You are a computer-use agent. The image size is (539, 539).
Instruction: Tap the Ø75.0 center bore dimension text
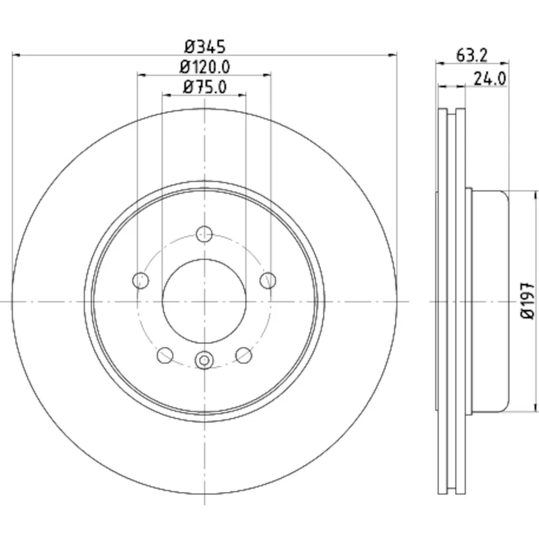[x=204, y=87]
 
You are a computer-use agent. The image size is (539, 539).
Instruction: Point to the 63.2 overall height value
[x=472, y=55]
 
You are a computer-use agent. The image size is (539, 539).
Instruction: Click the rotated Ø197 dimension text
[x=527, y=302]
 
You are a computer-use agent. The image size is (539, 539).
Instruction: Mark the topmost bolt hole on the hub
[x=204, y=234]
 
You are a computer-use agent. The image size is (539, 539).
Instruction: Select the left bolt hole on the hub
[x=140, y=280]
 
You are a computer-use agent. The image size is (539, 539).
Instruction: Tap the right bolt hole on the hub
[x=269, y=280]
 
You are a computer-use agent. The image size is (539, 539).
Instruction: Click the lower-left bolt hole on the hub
[x=165, y=355]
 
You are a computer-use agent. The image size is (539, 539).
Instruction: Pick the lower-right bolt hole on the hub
[x=244, y=355]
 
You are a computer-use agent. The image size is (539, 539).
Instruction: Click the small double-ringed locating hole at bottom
[x=204, y=359]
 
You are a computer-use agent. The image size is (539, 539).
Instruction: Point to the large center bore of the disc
[x=204, y=302]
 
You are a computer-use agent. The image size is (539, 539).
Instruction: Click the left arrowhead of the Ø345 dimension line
[x=15, y=55]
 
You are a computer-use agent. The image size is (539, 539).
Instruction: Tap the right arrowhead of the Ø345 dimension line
[x=394, y=55]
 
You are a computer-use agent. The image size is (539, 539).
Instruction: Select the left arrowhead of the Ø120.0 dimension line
[x=141, y=74]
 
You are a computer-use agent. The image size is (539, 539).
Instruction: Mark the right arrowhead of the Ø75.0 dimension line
[x=243, y=94]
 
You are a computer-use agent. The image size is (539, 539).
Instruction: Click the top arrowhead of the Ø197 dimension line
[x=533, y=193]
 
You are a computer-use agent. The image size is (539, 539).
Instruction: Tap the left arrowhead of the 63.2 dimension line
[x=439, y=63]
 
